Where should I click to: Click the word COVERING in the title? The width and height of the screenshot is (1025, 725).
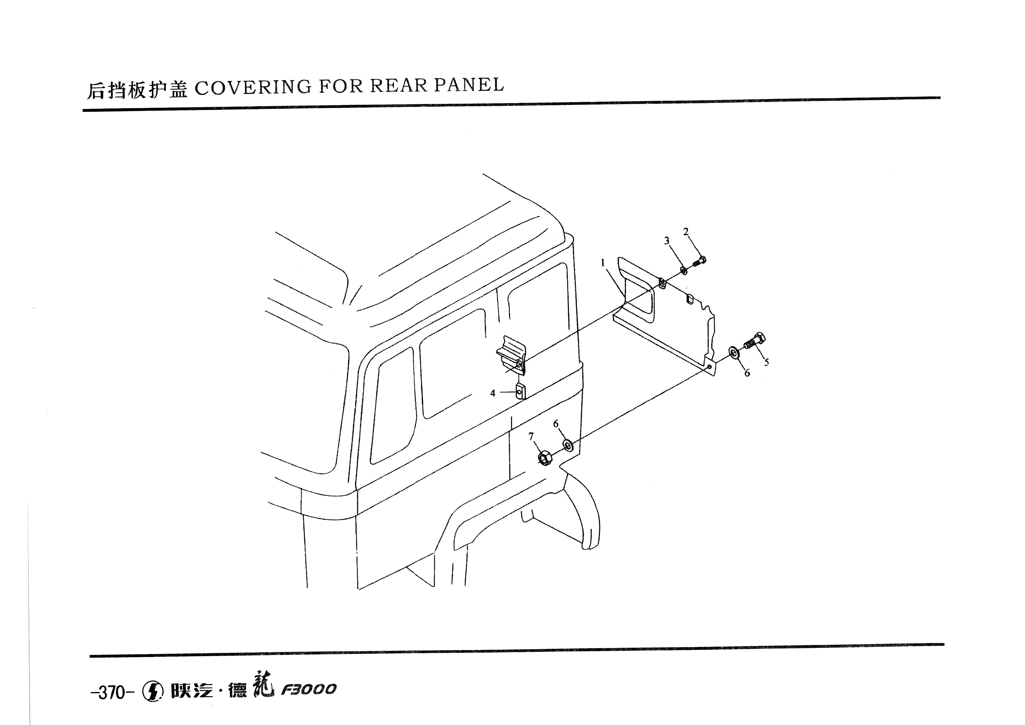coord(253,87)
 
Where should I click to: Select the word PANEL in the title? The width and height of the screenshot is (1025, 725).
coord(469,84)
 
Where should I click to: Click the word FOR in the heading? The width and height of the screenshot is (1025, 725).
coord(341,86)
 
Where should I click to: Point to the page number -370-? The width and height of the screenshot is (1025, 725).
coord(112,693)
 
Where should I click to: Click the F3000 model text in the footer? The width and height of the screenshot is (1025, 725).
coord(308,690)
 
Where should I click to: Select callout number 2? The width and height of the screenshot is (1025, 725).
coord(686,232)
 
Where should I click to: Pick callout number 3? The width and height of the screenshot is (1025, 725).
coord(666,241)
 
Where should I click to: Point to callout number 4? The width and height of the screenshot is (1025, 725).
coord(493,393)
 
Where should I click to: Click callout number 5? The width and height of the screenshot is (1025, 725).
coord(767,362)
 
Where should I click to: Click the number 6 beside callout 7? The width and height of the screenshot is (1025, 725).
coord(556,424)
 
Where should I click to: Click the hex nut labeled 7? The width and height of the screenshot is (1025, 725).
coord(544,458)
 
